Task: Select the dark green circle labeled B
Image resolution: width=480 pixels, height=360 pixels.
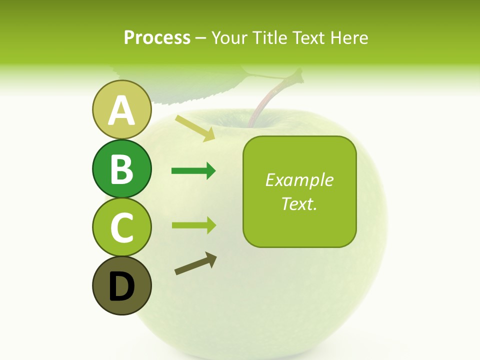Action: tap(121, 168)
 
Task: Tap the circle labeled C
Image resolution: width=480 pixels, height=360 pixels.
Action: tap(121, 227)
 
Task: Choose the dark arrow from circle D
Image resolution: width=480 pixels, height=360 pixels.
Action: tap(195, 263)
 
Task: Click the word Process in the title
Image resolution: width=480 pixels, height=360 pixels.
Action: tap(157, 37)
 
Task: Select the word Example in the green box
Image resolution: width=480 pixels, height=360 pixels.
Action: tap(299, 180)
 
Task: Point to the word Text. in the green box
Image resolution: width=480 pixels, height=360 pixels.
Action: tap(299, 203)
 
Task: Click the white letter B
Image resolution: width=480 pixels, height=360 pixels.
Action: tap(121, 169)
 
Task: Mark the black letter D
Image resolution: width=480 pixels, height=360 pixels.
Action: tap(121, 287)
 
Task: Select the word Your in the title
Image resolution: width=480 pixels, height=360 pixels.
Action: tap(228, 37)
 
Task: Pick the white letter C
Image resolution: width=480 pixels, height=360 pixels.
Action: tap(121, 227)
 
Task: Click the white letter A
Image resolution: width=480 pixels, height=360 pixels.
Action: tap(121, 110)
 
